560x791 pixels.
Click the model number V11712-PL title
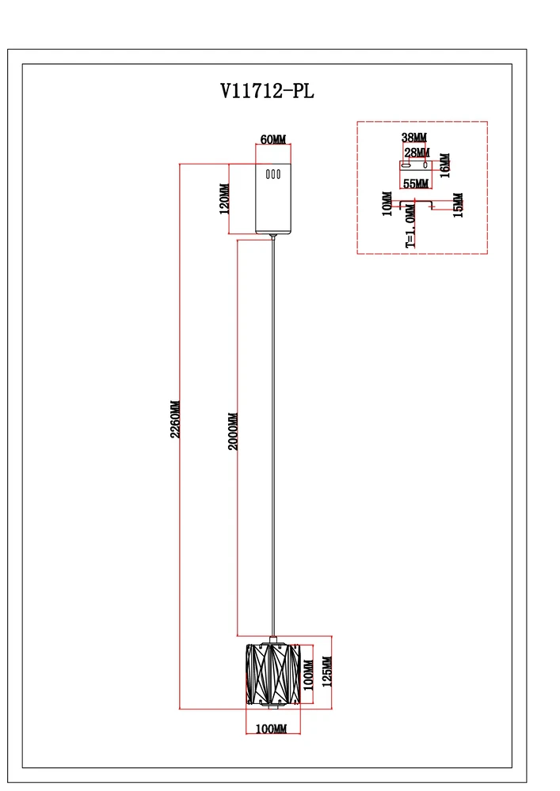pos(267,91)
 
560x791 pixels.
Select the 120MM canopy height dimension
pos(224,199)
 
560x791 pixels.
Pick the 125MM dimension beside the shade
pos(328,672)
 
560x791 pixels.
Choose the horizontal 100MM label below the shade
pos(271,729)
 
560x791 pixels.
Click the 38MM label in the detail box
pos(414,138)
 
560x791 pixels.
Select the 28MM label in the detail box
pos(417,152)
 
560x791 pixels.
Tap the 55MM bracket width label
pos(416,184)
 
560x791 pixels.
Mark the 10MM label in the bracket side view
pos(387,203)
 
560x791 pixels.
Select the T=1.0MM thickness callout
pos(410,229)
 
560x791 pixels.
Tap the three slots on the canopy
pos(273,175)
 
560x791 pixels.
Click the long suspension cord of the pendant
pos(273,435)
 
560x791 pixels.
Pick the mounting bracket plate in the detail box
pos(415,167)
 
